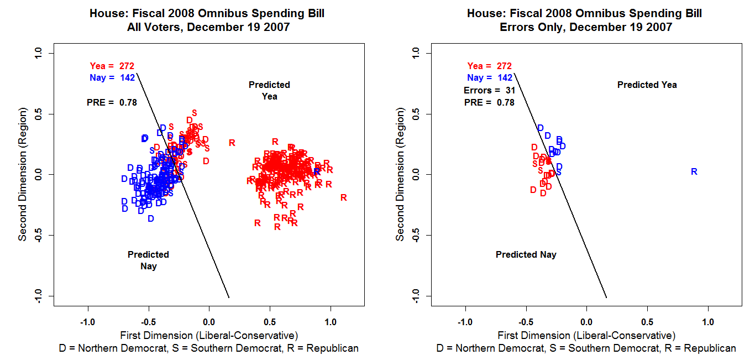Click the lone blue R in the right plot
pyautogui.click(x=694, y=172)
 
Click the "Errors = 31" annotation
pyautogui.click(x=489, y=90)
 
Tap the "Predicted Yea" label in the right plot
pyautogui.click(x=647, y=85)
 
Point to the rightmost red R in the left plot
pyautogui.click(x=343, y=197)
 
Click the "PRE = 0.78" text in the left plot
pyautogui.click(x=112, y=102)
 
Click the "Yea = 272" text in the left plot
pyautogui.click(x=112, y=66)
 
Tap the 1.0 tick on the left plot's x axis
pyautogui.click(x=330, y=322)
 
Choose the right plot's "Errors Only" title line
pyautogui.click(x=585, y=27)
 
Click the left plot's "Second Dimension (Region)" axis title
pyautogui.click(x=23, y=175)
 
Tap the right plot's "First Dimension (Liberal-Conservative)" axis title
pyautogui.click(x=586, y=335)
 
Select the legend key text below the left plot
pyautogui.click(x=209, y=348)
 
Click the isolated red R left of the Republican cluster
pyautogui.click(x=232, y=143)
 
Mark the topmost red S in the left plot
pyautogui.click(x=194, y=113)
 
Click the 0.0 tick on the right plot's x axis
pyautogui.click(x=586, y=322)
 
